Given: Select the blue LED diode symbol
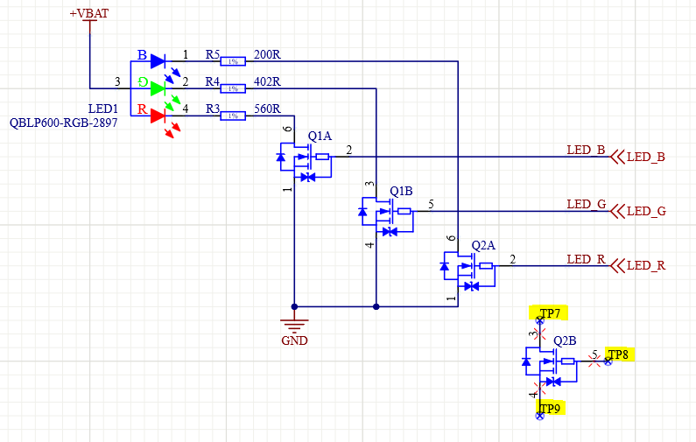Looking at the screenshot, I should tap(158, 61).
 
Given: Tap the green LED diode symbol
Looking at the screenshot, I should tap(158, 88).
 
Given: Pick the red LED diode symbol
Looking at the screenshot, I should tap(158, 115).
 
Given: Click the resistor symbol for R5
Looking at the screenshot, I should tap(233, 61).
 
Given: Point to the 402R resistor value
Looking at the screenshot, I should tap(266, 82).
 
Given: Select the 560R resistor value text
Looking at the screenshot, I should tap(266, 109).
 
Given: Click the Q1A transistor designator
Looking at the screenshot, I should tap(320, 137).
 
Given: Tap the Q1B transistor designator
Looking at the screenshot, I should tap(401, 191).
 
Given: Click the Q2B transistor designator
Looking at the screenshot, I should tap(565, 340).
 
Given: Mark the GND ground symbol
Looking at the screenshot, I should tap(294, 329).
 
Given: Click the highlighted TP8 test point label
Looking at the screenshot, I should tap(619, 354).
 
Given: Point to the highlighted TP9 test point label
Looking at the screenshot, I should tap(551, 408).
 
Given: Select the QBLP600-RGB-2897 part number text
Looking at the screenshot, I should tap(63, 123).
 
